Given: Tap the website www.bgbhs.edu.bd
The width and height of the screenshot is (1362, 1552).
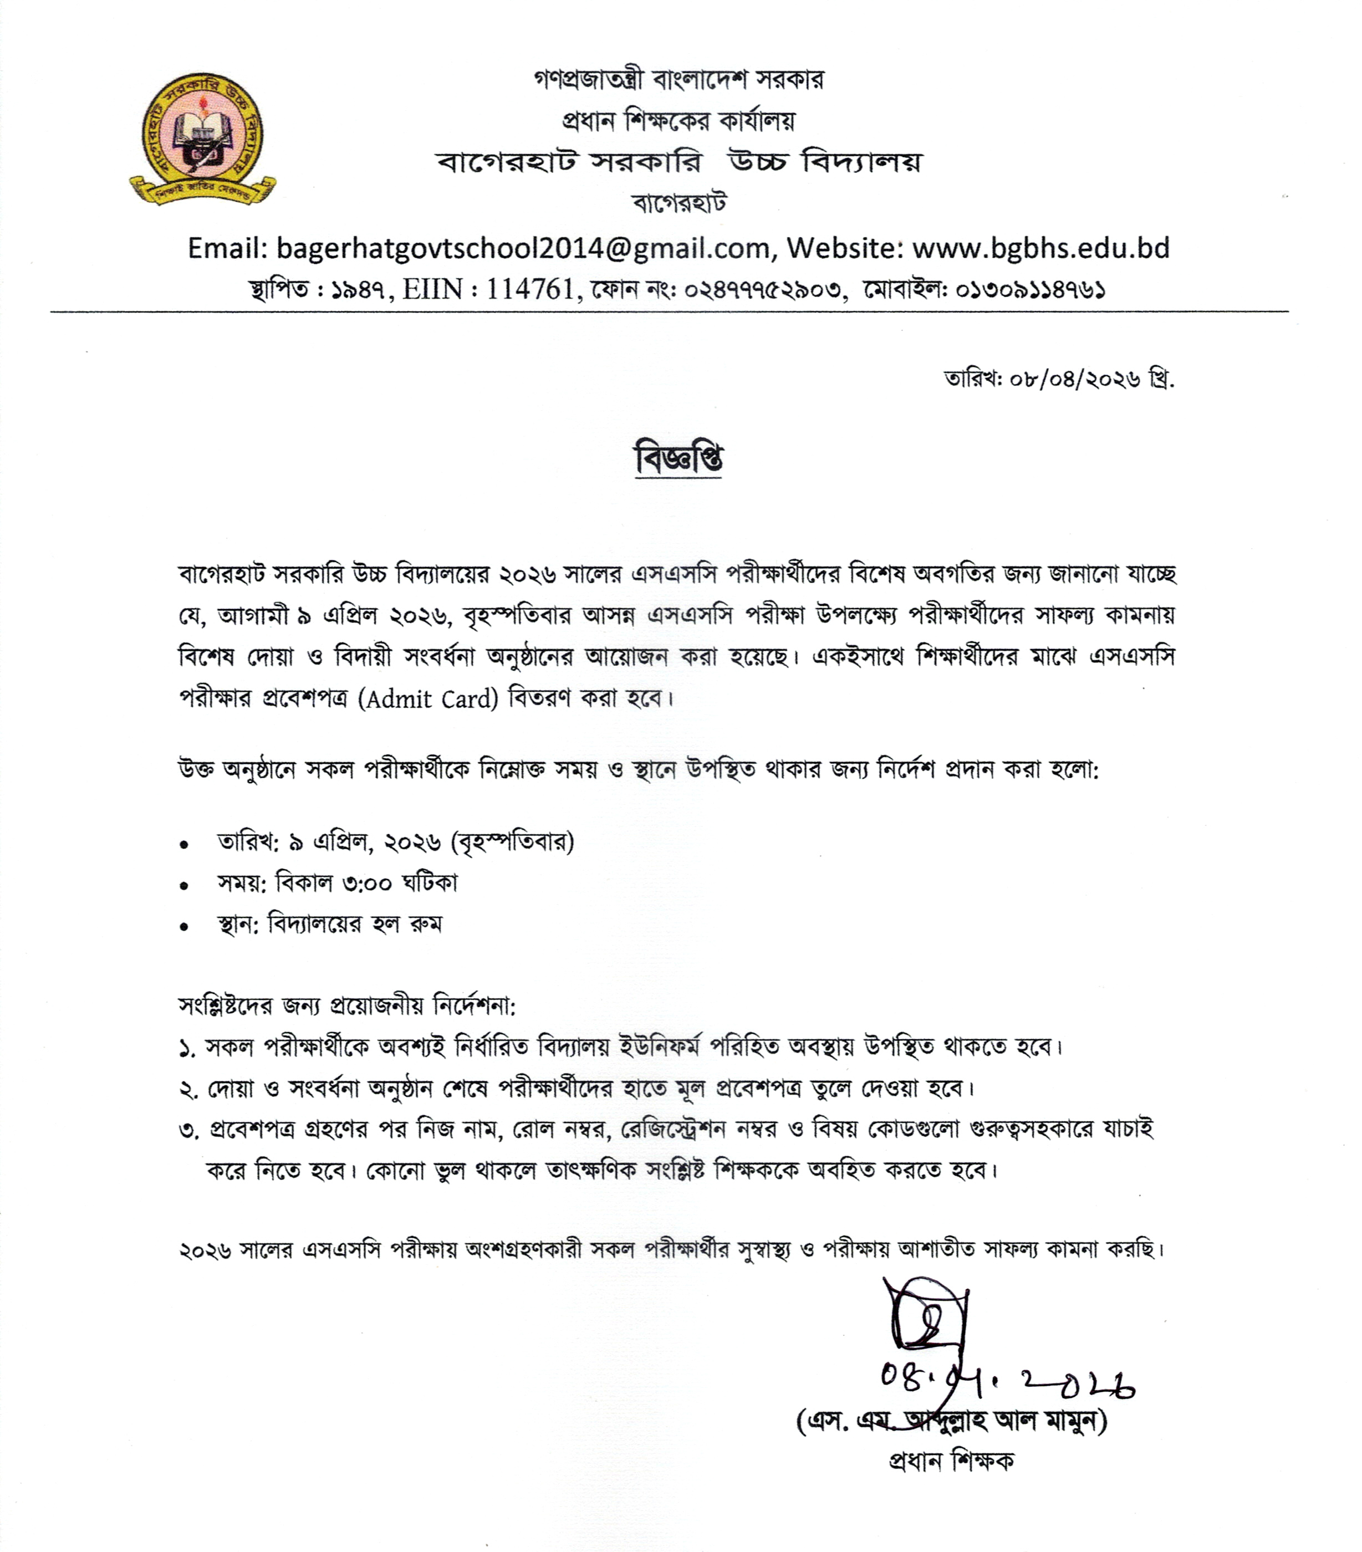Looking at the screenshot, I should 1040,248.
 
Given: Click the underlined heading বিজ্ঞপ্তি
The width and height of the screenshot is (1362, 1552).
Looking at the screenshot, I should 678,458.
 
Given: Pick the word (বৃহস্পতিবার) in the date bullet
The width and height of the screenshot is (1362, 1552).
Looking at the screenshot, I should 512,842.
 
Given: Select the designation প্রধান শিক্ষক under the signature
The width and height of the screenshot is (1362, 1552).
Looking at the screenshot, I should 951,1460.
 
